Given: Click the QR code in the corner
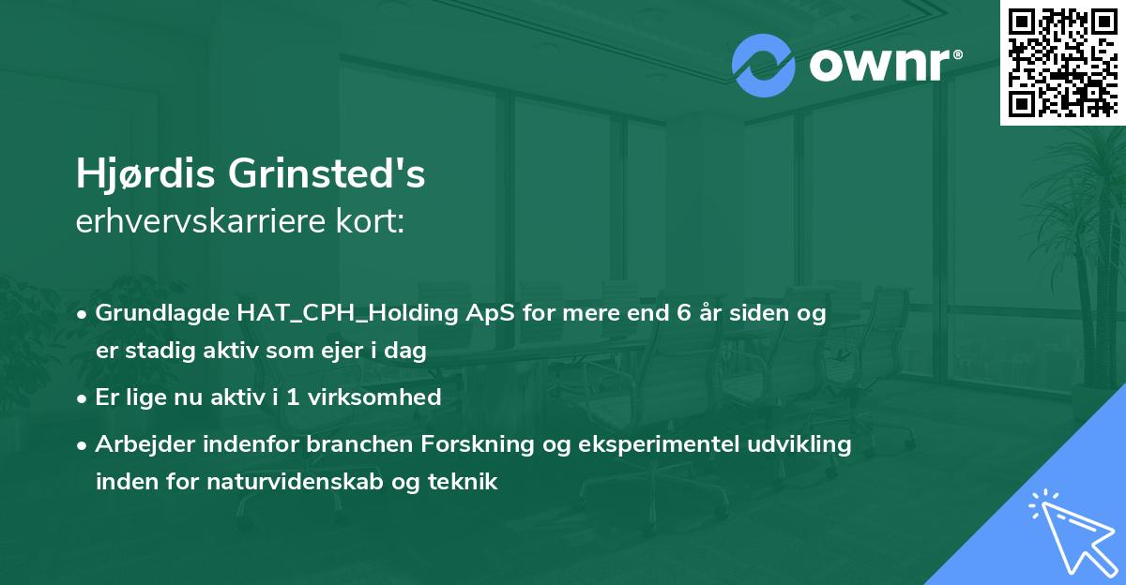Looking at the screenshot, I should point(1062,62).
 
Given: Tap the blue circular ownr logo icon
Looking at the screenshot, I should point(763,66).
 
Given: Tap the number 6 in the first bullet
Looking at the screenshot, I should point(683,314).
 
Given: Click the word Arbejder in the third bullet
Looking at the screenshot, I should point(137,443).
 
